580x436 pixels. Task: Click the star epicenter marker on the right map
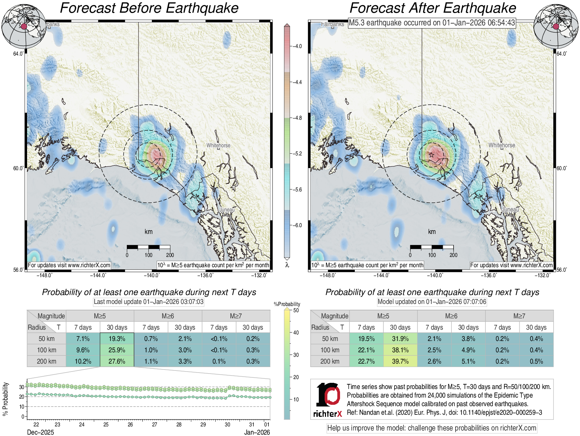pyautogui.click(x=432, y=155)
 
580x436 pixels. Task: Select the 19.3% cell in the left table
pyautogui.click(x=117, y=339)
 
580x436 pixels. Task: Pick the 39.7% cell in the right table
pyautogui.click(x=400, y=361)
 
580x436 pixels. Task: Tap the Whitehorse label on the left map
pyautogui.click(x=218, y=145)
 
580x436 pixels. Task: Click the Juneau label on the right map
pyautogui.click(x=510, y=209)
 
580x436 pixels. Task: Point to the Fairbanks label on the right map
pyautogui.click(x=332, y=24)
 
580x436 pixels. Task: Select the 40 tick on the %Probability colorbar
pyautogui.click(x=296, y=332)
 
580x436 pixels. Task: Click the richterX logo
pyautogui.click(x=328, y=400)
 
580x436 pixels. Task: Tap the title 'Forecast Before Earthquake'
pyautogui.click(x=149, y=8)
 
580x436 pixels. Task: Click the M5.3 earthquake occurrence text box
pyautogui.click(x=432, y=23)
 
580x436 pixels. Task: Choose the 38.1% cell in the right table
pyautogui.click(x=400, y=350)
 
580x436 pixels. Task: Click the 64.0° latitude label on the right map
pyautogui.click(x=561, y=54)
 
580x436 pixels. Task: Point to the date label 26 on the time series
pyautogui.click(x=130, y=425)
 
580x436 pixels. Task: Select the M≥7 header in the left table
pyautogui.click(x=236, y=316)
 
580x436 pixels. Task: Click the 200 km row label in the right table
pyautogui.click(x=330, y=361)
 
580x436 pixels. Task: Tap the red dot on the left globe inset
pyautogui.click(x=24, y=26)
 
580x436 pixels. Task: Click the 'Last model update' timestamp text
pyautogui.click(x=148, y=302)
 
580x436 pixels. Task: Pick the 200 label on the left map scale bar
pyautogui.click(x=170, y=255)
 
